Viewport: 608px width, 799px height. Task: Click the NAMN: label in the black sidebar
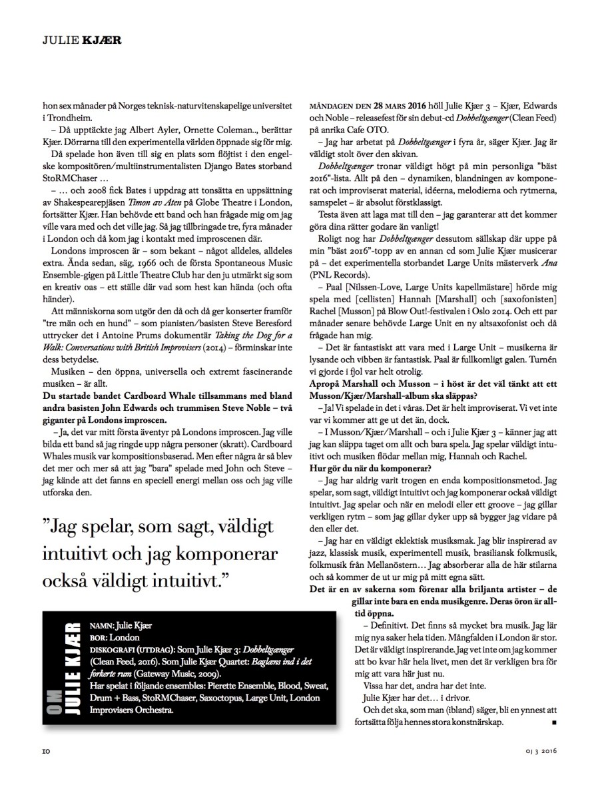[103, 625]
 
